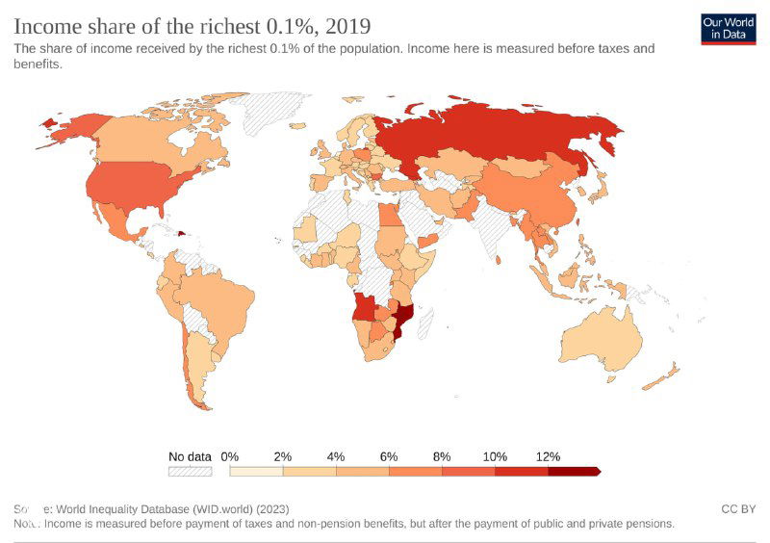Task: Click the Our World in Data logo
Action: coord(728,28)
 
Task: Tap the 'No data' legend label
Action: coord(190,456)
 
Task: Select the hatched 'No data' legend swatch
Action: coord(190,472)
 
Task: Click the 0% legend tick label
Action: coord(230,456)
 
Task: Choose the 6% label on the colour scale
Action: coord(389,456)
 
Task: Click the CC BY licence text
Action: coord(737,508)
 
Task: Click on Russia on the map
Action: coord(500,144)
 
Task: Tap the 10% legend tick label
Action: coord(495,456)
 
